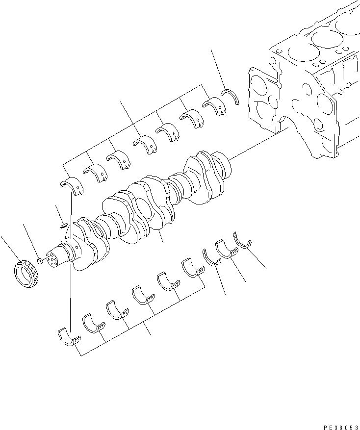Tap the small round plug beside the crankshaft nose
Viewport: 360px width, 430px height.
pyautogui.click(x=40, y=258)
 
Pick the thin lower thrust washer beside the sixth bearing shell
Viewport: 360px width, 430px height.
pyautogui.click(x=211, y=257)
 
